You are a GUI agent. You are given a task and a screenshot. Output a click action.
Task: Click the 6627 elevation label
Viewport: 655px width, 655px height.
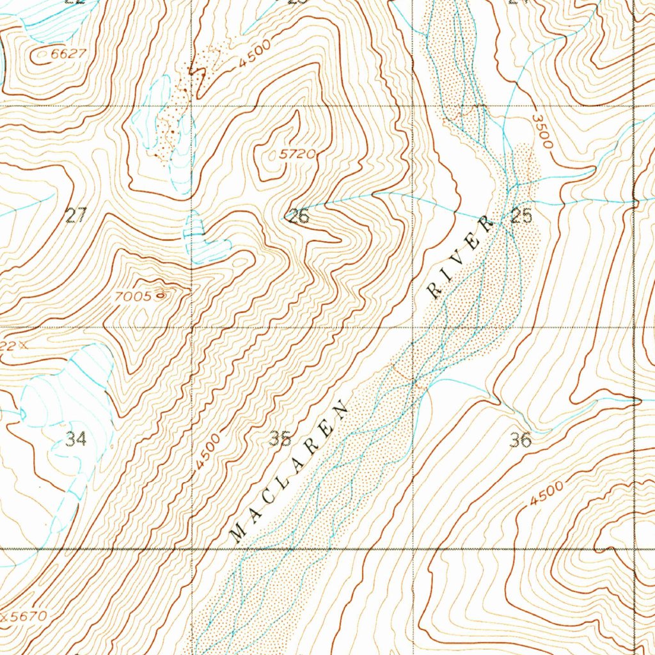point(68,54)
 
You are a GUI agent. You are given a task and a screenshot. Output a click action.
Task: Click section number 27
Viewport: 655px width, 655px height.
point(75,216)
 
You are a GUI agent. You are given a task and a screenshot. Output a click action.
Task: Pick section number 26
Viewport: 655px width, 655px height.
point(299,216)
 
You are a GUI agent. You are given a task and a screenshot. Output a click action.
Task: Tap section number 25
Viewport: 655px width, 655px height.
point(522,217)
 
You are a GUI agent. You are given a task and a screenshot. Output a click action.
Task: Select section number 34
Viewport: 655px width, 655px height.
point(75,439)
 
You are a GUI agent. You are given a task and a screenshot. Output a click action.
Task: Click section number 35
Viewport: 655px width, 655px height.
point(280,439)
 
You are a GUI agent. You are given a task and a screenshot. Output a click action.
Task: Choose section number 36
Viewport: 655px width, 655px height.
point(521,439)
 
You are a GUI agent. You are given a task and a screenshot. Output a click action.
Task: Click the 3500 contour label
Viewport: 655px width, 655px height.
point(541,132)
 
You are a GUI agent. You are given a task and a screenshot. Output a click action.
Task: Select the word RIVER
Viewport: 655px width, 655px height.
point(461,257)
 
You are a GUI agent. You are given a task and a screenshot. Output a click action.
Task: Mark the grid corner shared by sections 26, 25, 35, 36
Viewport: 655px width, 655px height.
point(413,327)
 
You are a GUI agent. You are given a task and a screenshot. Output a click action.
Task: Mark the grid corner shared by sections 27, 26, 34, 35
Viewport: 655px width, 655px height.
point(193,327)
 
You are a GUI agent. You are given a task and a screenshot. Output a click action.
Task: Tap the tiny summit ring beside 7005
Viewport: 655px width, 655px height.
point(159,296)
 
